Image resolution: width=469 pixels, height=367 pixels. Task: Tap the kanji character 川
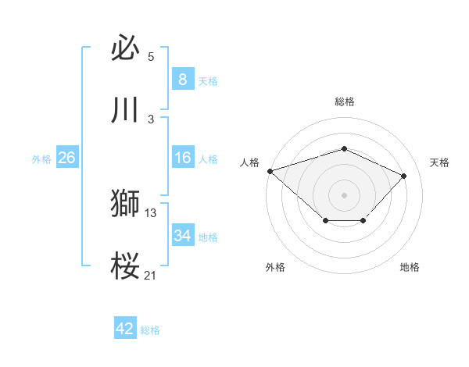126,110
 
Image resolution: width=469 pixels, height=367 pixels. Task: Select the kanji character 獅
126,204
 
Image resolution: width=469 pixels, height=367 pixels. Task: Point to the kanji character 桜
126,266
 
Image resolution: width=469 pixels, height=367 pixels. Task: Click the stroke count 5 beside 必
151,57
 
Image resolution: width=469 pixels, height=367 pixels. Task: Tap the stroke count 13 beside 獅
151,212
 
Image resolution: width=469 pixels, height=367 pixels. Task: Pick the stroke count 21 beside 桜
151,274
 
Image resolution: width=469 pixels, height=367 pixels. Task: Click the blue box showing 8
182,80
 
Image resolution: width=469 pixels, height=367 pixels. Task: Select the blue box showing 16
182,158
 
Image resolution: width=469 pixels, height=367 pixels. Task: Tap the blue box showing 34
182,236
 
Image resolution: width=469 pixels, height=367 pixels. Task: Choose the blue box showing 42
125,329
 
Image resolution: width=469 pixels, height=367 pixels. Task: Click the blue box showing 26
66,158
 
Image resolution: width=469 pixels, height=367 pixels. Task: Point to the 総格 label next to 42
150,330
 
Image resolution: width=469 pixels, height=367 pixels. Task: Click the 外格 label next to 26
41,159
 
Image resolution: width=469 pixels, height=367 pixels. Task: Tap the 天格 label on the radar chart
439,162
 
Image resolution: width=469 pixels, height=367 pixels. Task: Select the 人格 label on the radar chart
249,162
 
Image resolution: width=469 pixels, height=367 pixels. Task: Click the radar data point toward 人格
270,171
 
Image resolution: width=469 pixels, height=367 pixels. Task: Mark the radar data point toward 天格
403,176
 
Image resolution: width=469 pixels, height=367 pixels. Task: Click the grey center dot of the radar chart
344,194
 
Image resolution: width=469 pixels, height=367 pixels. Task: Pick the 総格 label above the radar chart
344,102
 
